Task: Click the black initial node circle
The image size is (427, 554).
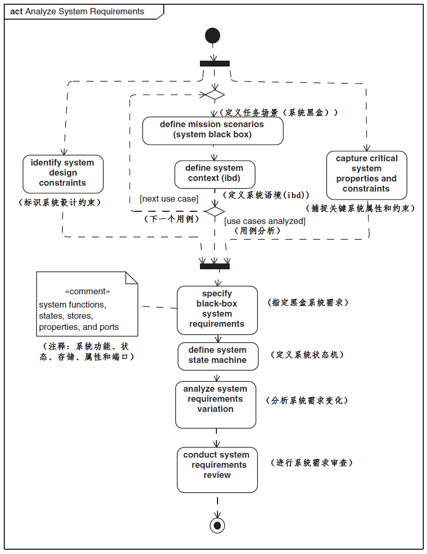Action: [212, 36]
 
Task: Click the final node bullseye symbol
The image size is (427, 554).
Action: [217, 525]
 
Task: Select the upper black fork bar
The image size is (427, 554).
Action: [215, 63]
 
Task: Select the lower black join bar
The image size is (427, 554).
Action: [215, 266]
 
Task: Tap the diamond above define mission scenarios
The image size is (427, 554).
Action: [214, 95]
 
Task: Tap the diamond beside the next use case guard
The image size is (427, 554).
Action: [215, 211]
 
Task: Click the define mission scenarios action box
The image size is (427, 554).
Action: [213, 130]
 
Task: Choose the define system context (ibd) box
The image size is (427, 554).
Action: [215, 173]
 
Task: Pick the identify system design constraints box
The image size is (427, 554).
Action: [63, 173]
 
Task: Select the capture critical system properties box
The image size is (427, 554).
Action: [366, 175]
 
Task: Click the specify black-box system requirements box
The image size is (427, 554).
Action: [217, 310]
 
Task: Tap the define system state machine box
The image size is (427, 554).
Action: [217, 355]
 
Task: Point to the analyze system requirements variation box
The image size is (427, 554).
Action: [215, 404]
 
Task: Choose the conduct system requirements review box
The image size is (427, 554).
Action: [217, 469]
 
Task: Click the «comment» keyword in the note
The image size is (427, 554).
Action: [87, 292]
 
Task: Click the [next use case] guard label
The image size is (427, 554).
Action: [169, 199]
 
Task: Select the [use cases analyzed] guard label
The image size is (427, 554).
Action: [265, 221]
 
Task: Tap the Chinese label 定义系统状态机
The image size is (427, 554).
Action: [307, 355]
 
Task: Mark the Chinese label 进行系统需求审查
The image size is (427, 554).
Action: [312, 463]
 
